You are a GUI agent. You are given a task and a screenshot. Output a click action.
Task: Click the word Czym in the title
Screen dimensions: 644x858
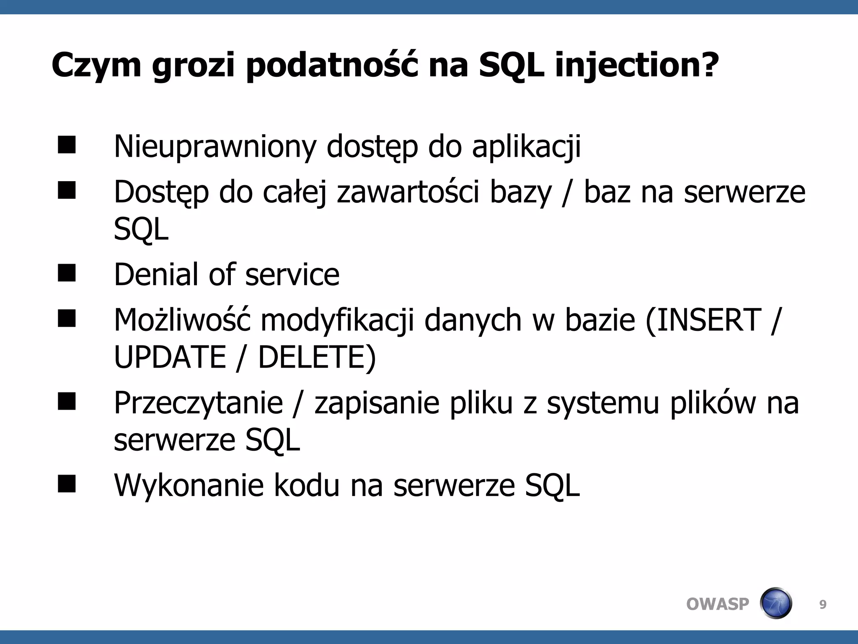[x=96, y=65]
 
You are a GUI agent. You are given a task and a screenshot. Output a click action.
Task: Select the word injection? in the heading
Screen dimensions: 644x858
[x=637, y=65]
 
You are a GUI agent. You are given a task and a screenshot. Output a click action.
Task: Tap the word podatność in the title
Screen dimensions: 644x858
[x=332, y=65]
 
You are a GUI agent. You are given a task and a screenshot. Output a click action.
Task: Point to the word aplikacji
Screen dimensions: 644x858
[x=526, y=147]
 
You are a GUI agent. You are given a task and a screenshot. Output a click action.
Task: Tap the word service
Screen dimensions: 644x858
[x=292, y=275]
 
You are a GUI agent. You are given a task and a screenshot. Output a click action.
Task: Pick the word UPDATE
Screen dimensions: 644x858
[x=170, y=357]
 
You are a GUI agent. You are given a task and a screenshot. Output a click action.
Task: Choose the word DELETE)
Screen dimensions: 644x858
[x=317, y=357]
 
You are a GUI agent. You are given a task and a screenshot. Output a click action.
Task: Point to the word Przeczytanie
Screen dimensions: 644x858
[x=198, y=403]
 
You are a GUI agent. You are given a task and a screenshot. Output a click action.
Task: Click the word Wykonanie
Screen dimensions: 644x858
[x=189, y=485]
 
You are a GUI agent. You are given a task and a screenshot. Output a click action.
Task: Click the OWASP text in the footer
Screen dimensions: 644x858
[x=717, y=604]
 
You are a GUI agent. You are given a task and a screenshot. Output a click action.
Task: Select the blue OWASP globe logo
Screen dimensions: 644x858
[x=776, y=603]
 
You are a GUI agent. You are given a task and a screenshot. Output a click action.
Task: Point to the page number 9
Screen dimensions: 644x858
[x=823, y=605]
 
